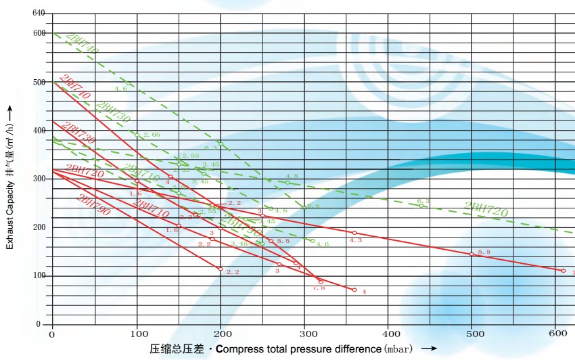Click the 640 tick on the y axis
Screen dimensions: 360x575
38,14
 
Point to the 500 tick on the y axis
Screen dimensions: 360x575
38,82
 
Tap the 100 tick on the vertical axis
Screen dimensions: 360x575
38,275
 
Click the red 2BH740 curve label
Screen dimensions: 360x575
74,86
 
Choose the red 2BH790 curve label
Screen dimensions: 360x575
93,204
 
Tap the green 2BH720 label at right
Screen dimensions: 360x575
486,210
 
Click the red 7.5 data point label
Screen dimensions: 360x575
319,288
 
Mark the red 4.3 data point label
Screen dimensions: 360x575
356,240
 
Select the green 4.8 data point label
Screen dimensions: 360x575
292,176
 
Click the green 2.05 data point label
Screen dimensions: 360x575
152,135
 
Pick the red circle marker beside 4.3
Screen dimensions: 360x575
354,233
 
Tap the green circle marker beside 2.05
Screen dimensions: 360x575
137,135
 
